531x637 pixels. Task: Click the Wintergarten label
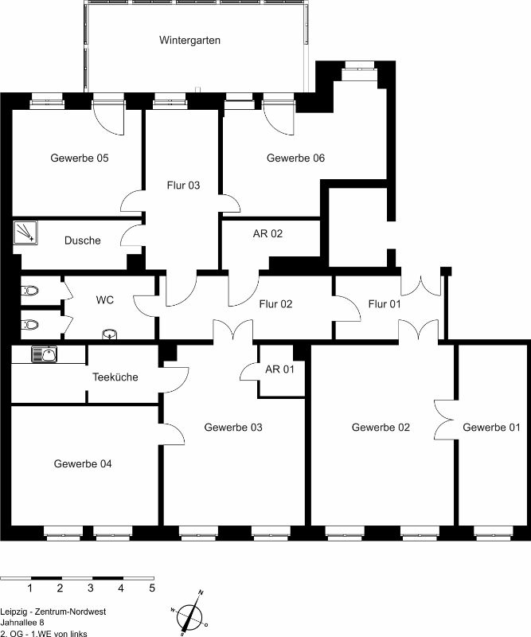(189, 41)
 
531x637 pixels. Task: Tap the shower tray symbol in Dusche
(25, 233)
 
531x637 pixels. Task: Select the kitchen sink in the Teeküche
(45, 354)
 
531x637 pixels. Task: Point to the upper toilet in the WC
(30, 291)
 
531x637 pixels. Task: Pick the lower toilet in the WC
(30, 325)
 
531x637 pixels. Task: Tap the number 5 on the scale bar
(152, 588)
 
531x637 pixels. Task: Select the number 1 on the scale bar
(29, 588)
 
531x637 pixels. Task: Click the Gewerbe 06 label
(295, 158)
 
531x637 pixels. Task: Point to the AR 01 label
(279, 369)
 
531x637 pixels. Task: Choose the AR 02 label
(267, 233)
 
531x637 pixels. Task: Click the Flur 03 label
(183, 186)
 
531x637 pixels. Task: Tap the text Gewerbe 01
(491, 428)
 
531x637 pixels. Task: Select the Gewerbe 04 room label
(83, 463)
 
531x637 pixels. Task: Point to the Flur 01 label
(385, 304)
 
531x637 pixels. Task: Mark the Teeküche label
(115, 377)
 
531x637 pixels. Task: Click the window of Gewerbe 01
(494, 533)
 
